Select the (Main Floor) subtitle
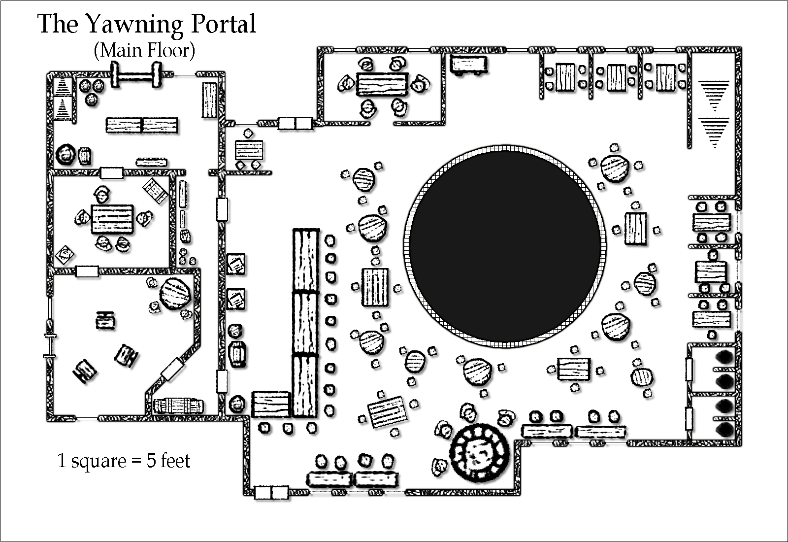coord(144,50)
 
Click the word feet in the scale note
coord(176,461)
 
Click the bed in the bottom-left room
coord(178,406)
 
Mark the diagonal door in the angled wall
coord(172,369)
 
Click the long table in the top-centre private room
coord(382,84)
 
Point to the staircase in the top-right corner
coord(714,113)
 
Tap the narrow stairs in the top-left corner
coord(62,98)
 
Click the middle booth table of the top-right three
coord(616,77)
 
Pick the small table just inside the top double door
coord(249,148)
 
